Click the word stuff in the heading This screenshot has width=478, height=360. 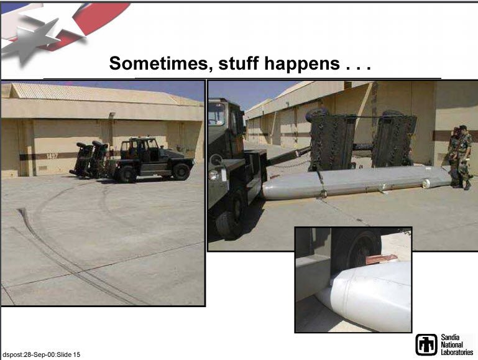pyautogui.click(x=239, y=63)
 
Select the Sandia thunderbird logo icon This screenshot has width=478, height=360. pyautogui.click(x=426, y=344)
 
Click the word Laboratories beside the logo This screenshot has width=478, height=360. pyautogui.click(x=457, y=352)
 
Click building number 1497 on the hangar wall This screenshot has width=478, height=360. pyautogui.click(x=52, y=156)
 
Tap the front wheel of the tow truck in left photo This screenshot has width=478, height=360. pyautogui.click(x=181, y=172)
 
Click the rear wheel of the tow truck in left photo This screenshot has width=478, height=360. pyautogui.click(x=127, y=174)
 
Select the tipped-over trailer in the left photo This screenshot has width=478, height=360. pyautogui.click(x=89, y=159)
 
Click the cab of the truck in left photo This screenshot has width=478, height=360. pyautogui.click(x=139, y=149)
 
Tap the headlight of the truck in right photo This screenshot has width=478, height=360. pyautogui.click(x=213, y=175)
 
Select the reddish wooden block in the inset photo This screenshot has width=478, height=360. pyautogui.click(x=381, y=259)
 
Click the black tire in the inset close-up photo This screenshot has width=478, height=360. pyautogui.click(x=357, y=249)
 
